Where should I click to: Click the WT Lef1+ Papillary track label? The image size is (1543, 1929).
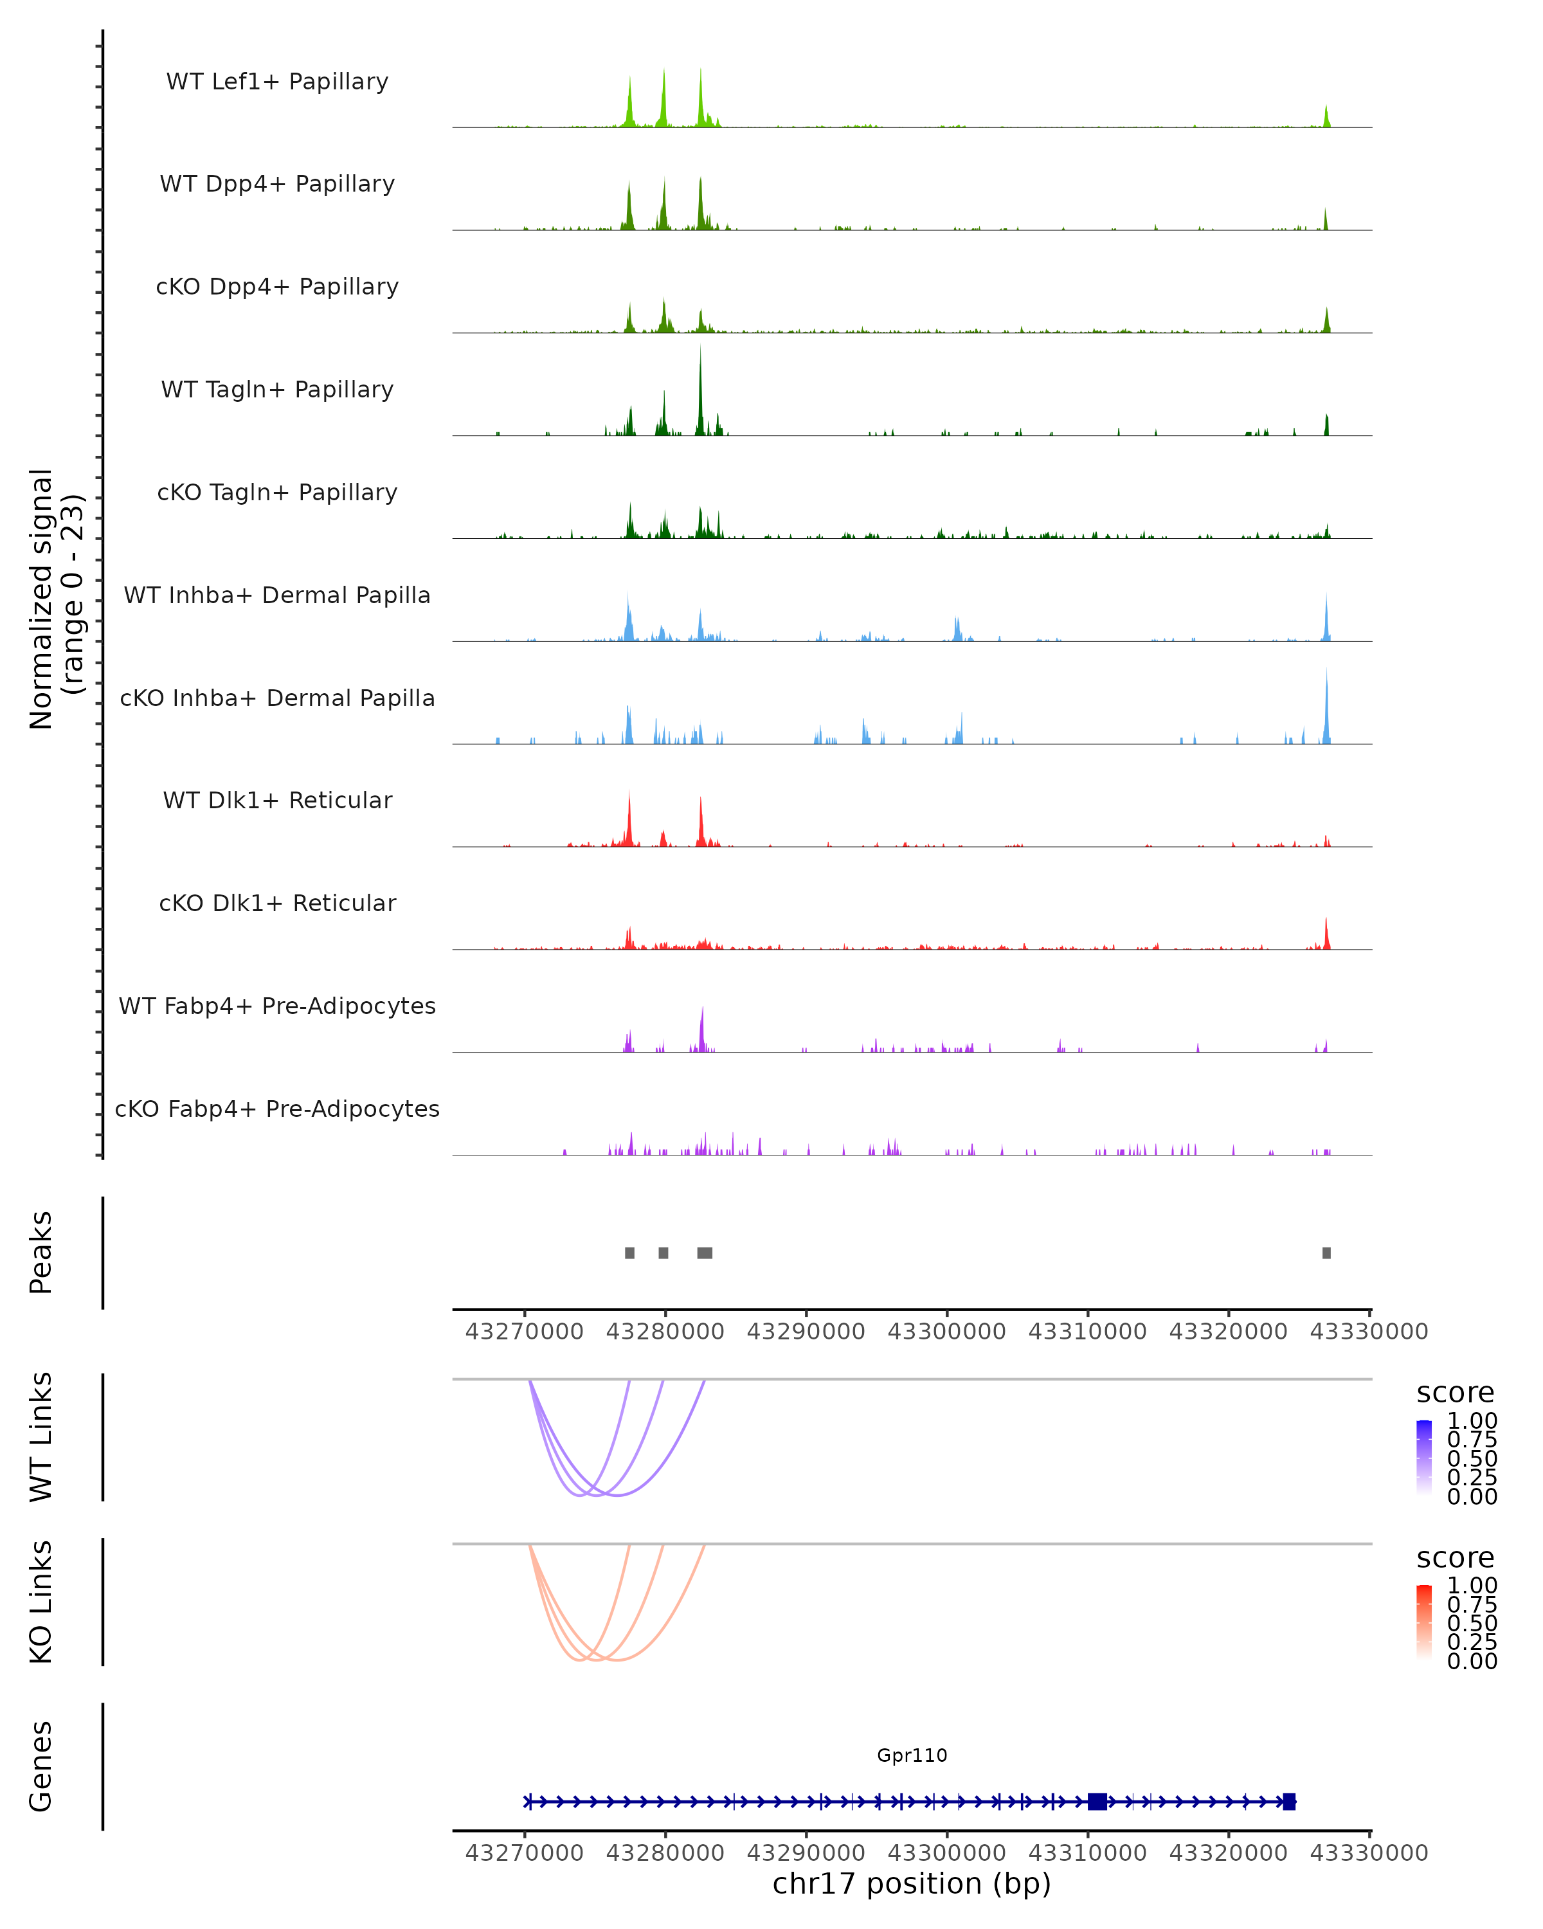click(277, 82)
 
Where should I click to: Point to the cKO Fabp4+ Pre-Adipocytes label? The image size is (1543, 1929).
click(277, 1109)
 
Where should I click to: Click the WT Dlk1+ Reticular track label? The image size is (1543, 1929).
click(277, 801)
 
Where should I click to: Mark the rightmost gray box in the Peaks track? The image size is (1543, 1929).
click(1326, 1253)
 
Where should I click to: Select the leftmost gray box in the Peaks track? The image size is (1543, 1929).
click(629, 1253)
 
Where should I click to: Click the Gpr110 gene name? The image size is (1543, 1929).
click(912, 1755)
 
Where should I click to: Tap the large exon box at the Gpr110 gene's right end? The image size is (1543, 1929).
click(1289, 1801)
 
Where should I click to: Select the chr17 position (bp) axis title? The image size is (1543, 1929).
click(912, 1883)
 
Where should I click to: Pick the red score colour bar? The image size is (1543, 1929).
click(1424, 1622)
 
